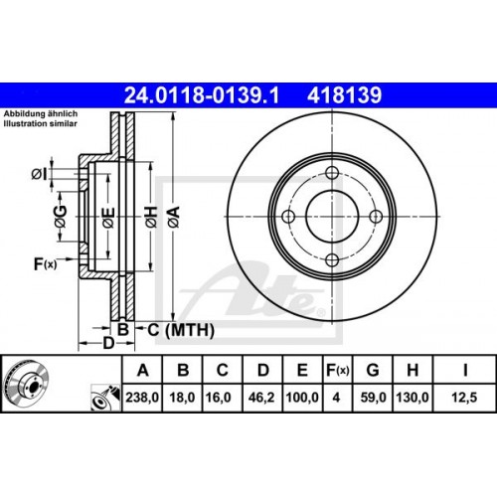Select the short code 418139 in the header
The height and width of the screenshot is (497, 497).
click(x=345, y=96)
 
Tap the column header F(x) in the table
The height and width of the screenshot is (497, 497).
click(x=339, y=371)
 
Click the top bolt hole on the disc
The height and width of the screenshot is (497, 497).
click(x=331, y=175)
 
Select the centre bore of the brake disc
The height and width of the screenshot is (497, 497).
click(x=331, y=218)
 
